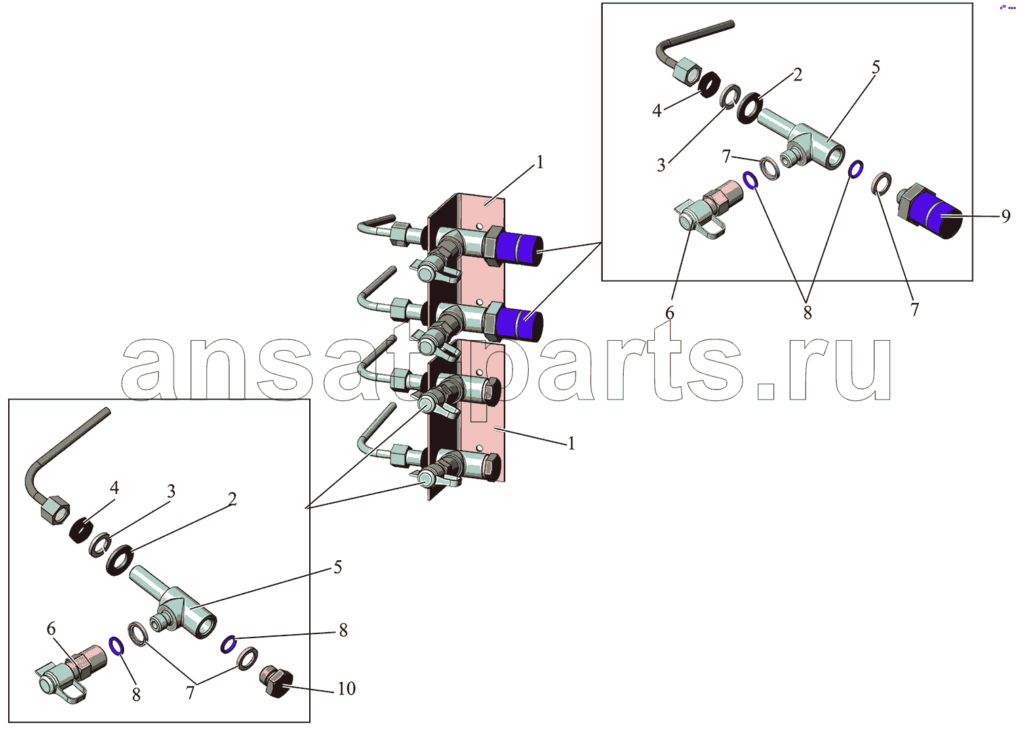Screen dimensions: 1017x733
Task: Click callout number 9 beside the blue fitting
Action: tap(1006, 216)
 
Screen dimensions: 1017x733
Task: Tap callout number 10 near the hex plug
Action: tap(346, 688)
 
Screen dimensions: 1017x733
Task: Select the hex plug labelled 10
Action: tap(276, 684)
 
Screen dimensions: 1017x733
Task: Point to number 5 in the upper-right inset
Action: tap(876, 68)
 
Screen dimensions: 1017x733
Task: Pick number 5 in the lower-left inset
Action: tap(338, 568)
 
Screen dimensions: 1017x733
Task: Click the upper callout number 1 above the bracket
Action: tap(540, 163)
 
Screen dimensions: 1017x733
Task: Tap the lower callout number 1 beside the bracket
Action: tap(572, 443)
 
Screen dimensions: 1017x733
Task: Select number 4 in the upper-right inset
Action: tap(656, 110)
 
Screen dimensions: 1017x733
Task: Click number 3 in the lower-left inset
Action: tap(171, 491)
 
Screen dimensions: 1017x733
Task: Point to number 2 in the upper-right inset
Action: tap(798, 75)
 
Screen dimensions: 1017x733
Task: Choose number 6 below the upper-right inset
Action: tap(670, 313)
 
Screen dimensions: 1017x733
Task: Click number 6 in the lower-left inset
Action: tap(51, 629)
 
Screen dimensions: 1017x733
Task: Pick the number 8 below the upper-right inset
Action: tap(807, 312)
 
